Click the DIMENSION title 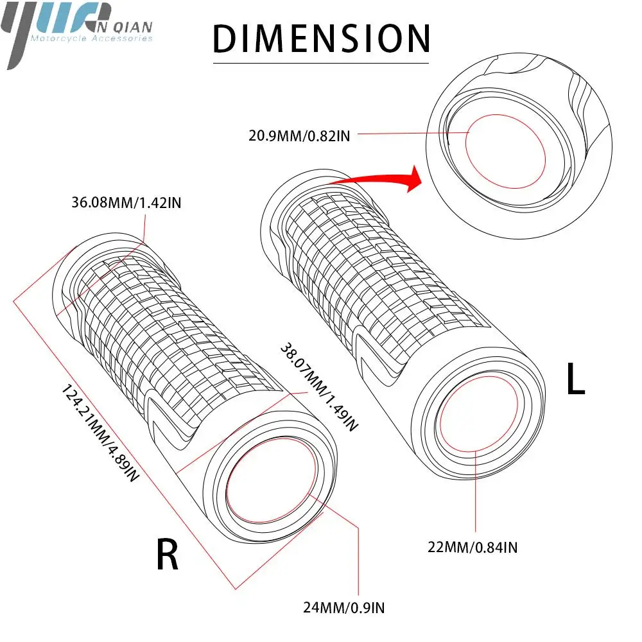click(x=321, y=38)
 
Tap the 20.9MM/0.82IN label click(x=300, y=135)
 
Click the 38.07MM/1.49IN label click(x=317, y=385)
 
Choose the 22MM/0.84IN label click(x=473, y=548)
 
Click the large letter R click(x=168, y=555)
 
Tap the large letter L click(x=575, y=379)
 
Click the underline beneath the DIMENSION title click(x=321, y=63)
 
